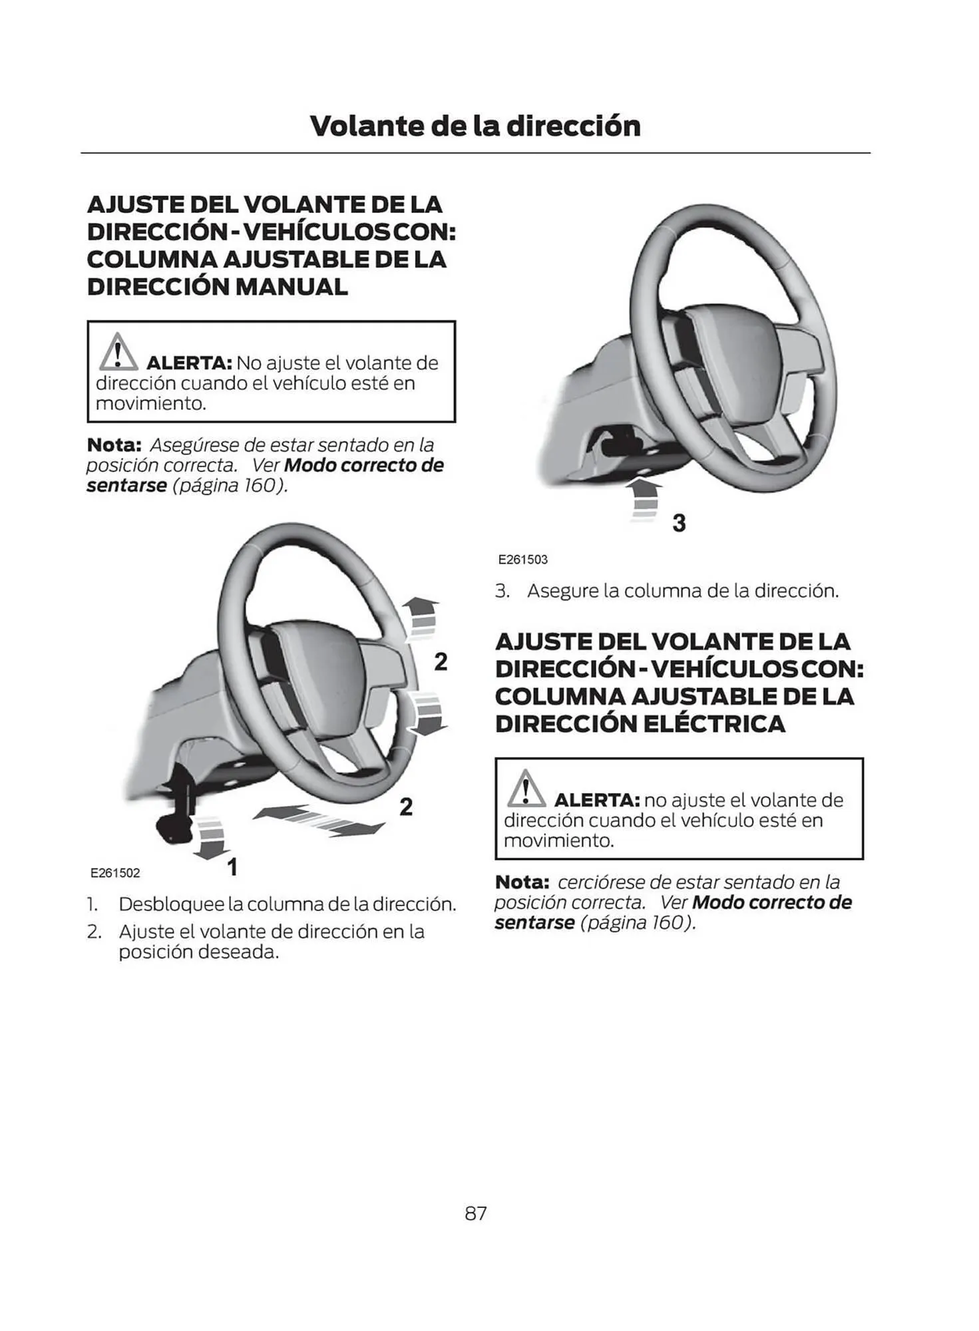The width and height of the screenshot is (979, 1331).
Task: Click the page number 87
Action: [x=475, y=1213]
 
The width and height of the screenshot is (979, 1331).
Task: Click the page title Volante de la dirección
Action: [x=475, y=126]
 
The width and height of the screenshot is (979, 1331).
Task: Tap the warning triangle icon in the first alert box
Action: [x=118, y=353]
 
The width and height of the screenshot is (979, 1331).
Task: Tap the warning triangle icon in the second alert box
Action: [x=526, y=789]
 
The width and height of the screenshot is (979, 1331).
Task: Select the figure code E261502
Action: [x=115, y=872]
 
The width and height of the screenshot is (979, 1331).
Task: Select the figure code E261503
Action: [x=522, y=560]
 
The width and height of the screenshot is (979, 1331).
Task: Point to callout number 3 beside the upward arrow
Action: [x=679, y=523]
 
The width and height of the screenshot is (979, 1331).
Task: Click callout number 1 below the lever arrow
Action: [x=232, y=866]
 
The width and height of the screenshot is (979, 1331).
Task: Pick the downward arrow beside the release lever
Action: [x=211, y=837]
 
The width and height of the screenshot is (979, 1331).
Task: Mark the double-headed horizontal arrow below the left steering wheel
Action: [x=319, y=819]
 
